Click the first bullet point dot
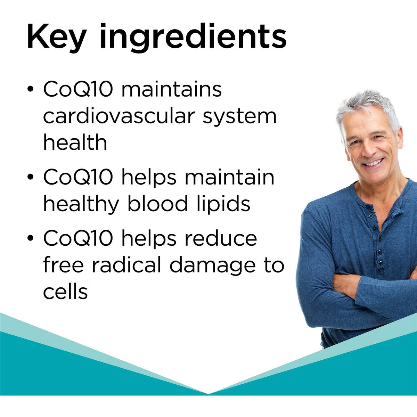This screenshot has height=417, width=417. click(x=31, y=89)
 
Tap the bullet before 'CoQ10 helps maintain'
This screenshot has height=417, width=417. click(x=31, y=177)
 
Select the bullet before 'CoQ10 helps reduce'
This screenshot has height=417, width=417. click(x=31, y=238)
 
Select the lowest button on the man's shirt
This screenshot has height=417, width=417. click(x=381, y=263)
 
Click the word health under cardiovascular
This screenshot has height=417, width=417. click(x=75, y=142)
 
